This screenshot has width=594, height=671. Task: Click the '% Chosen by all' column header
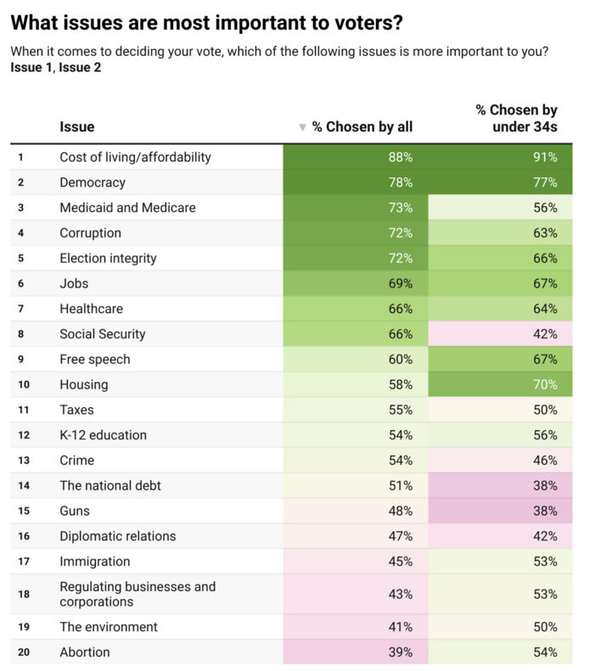(362, 126)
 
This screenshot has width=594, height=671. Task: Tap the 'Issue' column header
(77, 126)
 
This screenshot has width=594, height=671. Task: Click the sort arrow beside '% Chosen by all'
(302, 127)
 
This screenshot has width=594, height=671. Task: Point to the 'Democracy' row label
(92, 182)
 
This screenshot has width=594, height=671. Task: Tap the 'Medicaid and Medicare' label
(127, 208)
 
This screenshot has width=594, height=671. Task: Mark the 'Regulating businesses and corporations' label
(137, 594)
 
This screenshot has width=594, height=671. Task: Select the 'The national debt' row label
(110, 486)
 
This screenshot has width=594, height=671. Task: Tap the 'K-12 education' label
(104, 435)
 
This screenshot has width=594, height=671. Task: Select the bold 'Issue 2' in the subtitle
(80, 67)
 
